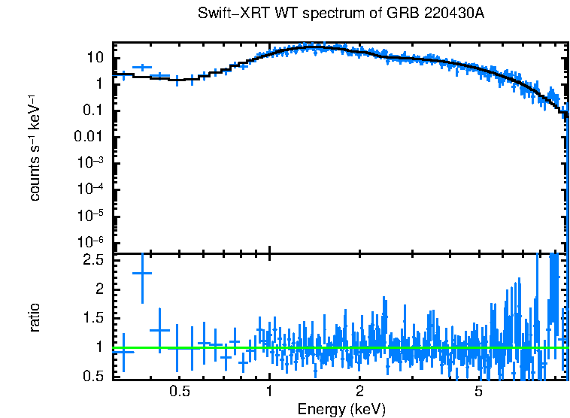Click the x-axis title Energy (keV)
(341, 409)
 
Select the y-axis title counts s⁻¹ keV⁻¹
(35, 147)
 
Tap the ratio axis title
(35, 318)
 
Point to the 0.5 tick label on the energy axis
(179, 392)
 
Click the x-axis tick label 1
(269, 392)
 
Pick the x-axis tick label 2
(360, 392)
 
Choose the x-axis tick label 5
(479, 392)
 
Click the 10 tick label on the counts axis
(95, 58)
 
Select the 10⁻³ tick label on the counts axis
(91, 163)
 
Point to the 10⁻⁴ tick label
(91, 189)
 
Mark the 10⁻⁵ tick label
(91, 216)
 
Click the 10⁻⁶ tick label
(91, 242)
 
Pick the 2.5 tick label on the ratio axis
(93, 260)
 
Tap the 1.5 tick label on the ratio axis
(93, 318)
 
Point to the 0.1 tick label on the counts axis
(93, 111)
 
